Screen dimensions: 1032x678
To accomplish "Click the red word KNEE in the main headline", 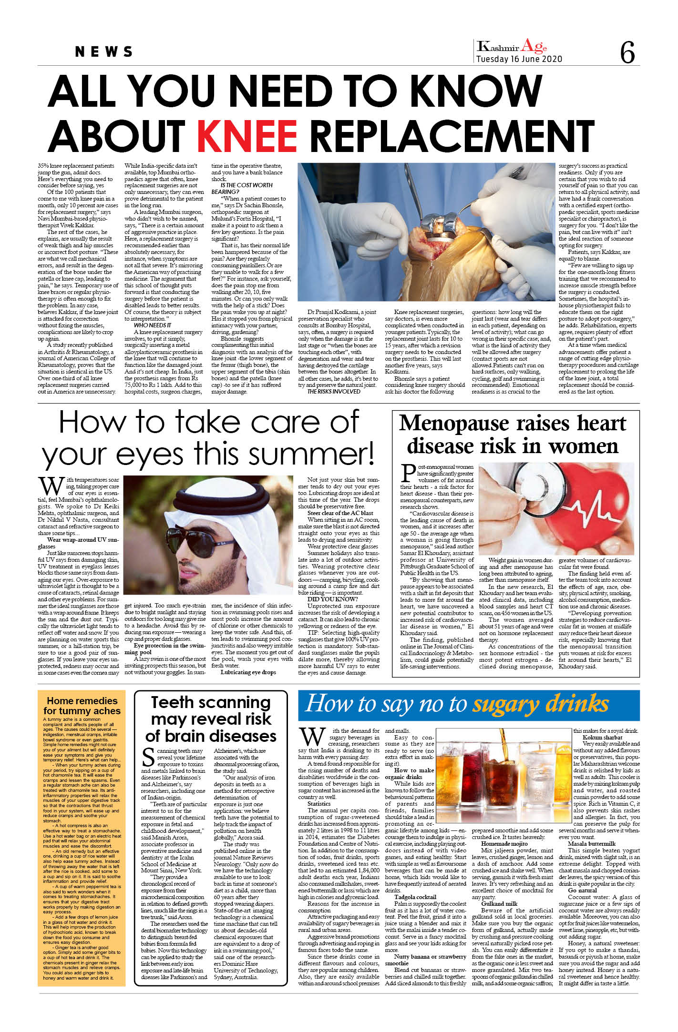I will pyautogui.click(x=247, y=136).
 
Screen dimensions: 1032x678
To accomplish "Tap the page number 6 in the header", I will pyautogui.click(x=627, y=52).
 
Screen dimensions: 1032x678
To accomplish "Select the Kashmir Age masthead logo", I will pyautogui.click(x=512, y=47).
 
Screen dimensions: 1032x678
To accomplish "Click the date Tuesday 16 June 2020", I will pyautogui.click(x=519, y=59).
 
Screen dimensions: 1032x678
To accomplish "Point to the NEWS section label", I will pyautogui.click(x=104, y=51).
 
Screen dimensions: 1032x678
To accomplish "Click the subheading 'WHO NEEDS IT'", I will pyautogui.click(x=153, y=325).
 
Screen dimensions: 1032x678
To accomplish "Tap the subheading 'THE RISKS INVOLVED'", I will pyautogui.click(x=334, y=391).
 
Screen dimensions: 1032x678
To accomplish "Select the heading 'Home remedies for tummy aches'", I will pyautogui.click(x=82, y=706).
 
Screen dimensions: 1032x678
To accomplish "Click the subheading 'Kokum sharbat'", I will pyautogui.click(x=602, y=737).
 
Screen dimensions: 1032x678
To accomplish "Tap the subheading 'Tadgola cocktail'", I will pyautogui.click(x=415, y=897).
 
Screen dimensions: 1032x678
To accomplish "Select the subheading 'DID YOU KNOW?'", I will pyautogui.click(x=332, y=599).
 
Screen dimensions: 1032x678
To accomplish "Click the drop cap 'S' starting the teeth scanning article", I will pyautogui.click(x=148, y=757).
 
